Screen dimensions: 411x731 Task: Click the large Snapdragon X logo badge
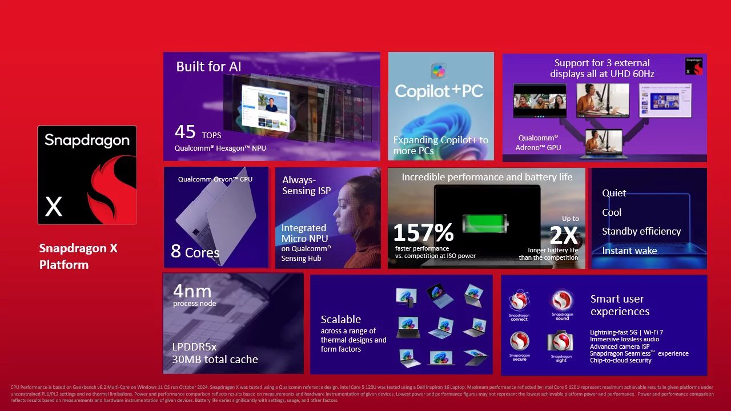coord(87,175)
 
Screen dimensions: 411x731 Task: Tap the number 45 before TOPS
coord(185,132)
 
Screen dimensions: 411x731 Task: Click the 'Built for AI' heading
coord(208,67)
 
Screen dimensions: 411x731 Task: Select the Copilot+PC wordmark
coord(439,91)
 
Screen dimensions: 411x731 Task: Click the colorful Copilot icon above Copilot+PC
coord(439,71)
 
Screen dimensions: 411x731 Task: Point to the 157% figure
coord(423,232)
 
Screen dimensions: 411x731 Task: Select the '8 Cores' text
coord(195,251)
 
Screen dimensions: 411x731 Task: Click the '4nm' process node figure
coord(192,291)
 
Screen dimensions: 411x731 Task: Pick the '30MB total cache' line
coord(215,360)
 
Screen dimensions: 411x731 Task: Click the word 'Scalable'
coord(340,320)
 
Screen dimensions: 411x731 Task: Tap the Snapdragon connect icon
coord(519,300)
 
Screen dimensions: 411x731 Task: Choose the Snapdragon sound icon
coord(562,300)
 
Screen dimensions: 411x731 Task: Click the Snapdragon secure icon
coord(519,341)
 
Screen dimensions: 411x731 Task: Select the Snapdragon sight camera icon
coord(562,341)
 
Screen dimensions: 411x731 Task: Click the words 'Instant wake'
coord(629,251)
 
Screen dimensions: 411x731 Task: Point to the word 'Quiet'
coord(614,193)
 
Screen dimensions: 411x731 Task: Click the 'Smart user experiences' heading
coord(620,305)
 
